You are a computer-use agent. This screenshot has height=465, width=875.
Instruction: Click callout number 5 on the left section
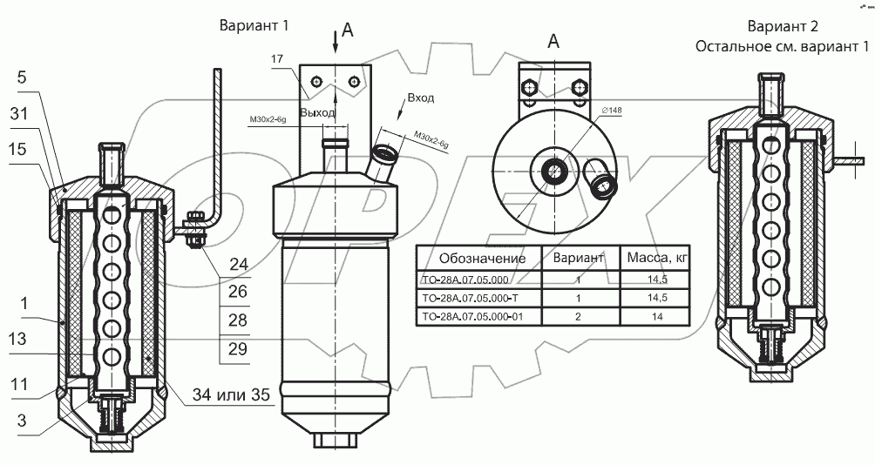tap(21, 77)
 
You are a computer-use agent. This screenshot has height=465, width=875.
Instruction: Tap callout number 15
tap(17, 149)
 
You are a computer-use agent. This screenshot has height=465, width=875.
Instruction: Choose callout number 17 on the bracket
tap(277, 59)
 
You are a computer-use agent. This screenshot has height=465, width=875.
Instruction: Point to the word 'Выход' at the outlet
tap(316, 113)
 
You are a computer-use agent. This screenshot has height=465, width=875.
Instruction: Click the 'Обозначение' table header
tap(482, 259)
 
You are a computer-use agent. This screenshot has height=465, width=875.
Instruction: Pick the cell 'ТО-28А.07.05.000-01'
tap(472, 317)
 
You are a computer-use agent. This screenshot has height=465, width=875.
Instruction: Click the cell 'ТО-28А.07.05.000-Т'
tap(471, 298)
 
